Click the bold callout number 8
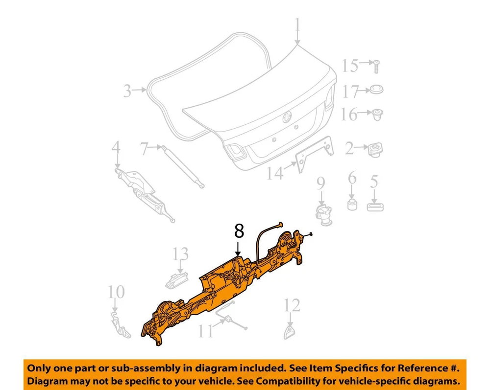pyautogui.click(x=239, y=231)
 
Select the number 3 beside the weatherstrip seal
pyautogui.click(x=127, y=91)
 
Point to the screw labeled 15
pyautogui.click(x=376, y=67)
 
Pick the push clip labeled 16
pyautogui.click(x=376, y=115)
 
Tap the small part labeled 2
pyautogui.click(x=375, y=150)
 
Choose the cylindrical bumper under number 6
pyautogui.click(x=352, y=205)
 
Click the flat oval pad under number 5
pyautogui.click(x=375, y=207)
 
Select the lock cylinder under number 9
pyautogui.click(x=324, y=215)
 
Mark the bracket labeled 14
pyautogui.click(x=314, y=154)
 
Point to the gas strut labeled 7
pyautogui.click(x=182, y=166)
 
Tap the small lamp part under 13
pyautogui.click(x=176, y=280)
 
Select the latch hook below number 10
pyautogui.click(x=121, y=325)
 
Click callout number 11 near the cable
pyautogui.click(x=206, y=331)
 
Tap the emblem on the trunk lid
pyautogui.click(x=287, y=116)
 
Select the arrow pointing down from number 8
pyautogui.click(x=239, y=249)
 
